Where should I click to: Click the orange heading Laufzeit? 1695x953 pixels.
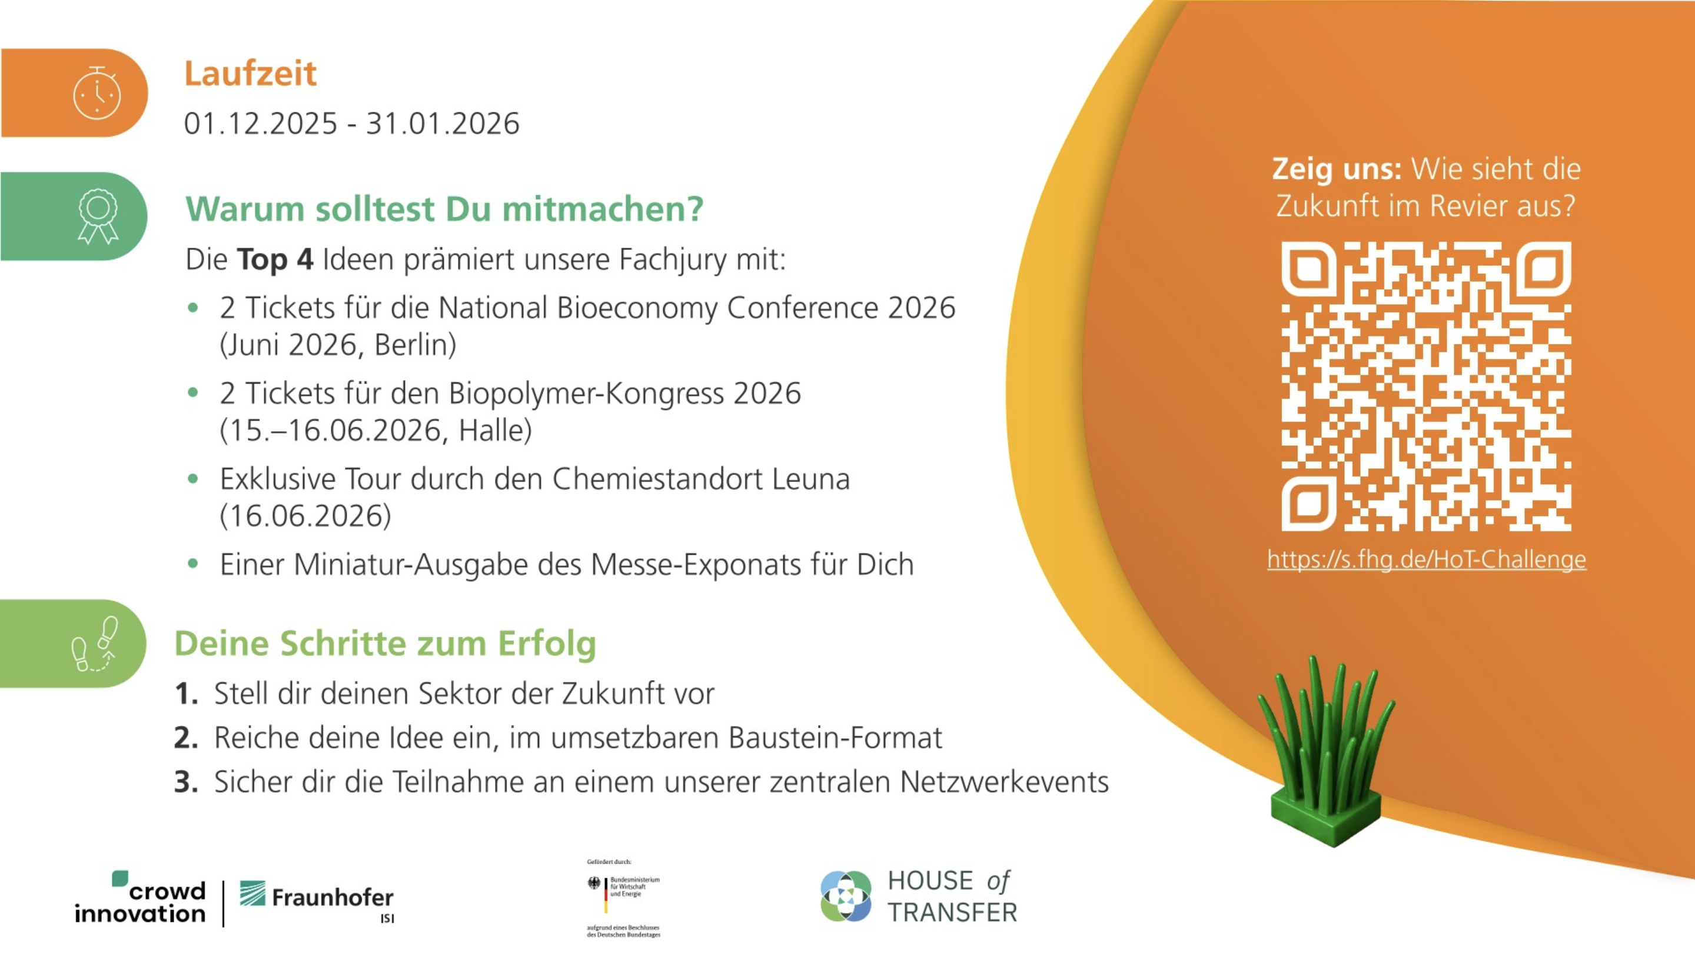click(x=250, y=73)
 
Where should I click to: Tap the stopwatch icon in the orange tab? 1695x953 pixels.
click(x=97, y=93)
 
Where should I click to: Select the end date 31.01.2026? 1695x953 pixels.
click(x=442, y=124)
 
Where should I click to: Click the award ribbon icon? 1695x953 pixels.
click(x=98, y=216)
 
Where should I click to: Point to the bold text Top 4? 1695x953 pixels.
click(x=275, y=259)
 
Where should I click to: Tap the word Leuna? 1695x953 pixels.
click(x=810, y=479)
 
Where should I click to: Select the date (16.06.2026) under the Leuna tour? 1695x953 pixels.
click(x=305, y=516)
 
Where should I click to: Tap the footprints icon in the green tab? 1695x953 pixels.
click(x=95, y=644)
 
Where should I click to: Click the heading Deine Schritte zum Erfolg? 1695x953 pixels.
click(x=385, y=643)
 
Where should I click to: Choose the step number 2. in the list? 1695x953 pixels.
click(x=186, y=738)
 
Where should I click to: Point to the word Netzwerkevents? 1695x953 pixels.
click(x=1004, y=782)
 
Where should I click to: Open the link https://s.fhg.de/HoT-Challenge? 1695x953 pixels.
click(x=1427, y=559)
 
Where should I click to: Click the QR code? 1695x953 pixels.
click(x=1427, y=386)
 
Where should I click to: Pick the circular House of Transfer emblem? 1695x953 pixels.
click(x=846, y=896)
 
